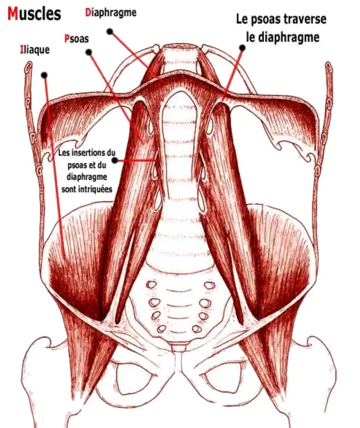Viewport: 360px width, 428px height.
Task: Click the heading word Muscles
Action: click(x=34, y=13)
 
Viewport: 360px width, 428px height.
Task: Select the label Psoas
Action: click(x=77, y=38)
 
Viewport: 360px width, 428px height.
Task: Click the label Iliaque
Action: click(x=34, y=50)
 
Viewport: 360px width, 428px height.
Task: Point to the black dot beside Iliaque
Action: click(x=44, y=74)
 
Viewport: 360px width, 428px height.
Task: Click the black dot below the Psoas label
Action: click(x=89, y=53)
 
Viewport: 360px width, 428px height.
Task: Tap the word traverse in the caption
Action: click(x=306, y=19)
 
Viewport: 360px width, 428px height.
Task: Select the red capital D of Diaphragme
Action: click(x=88, y=12)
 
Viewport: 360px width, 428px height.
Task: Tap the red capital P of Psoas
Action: click(x=66, y=38)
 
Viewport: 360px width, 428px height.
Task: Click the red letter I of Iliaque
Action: click(x=22, y=50)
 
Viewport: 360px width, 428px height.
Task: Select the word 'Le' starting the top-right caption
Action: click(x=242, y=19)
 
